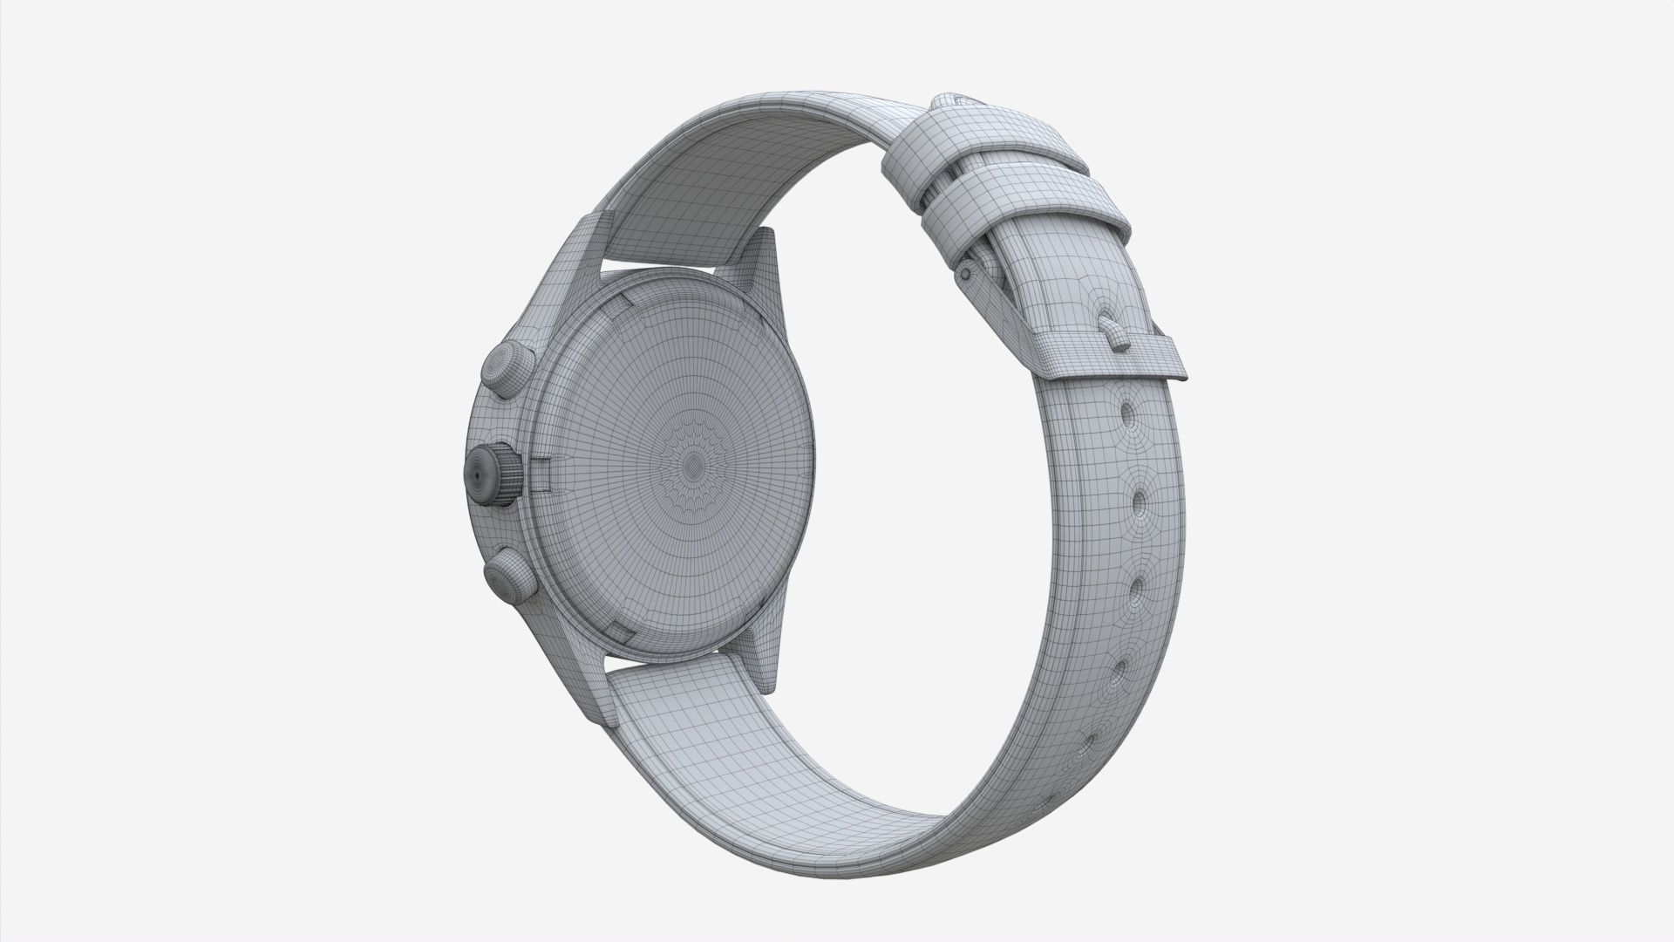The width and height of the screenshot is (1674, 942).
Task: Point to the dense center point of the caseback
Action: coord(694,463)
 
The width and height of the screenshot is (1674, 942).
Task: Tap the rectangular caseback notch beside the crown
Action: coord(543,475)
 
